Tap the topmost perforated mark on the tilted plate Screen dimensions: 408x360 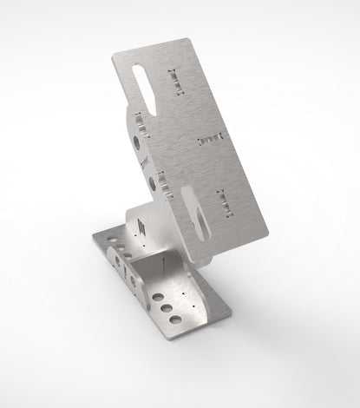point(178,80)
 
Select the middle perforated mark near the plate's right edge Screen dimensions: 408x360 point(211,138)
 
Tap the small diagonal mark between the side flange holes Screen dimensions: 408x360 point(146,161)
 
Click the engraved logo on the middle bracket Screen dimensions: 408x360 point(141,227)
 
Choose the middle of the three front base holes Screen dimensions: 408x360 point(163,308)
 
